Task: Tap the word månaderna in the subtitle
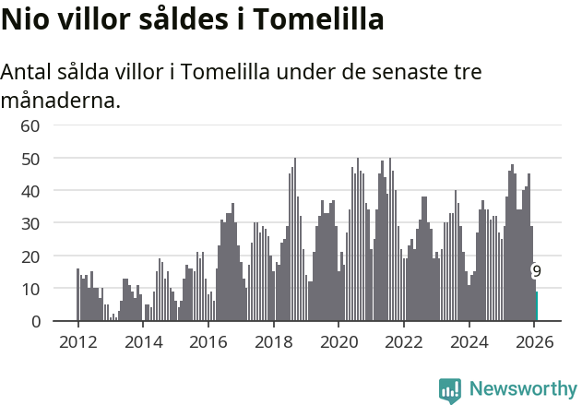61,100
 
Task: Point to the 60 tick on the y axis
30,125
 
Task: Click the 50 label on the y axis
30,159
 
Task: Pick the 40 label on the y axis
30,191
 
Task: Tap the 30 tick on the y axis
30,224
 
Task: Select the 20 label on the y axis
30,256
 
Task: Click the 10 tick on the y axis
30,289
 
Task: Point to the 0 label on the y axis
35,322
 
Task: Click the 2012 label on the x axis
77,341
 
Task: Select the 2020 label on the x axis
339,341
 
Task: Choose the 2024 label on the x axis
469,341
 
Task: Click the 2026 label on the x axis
535,341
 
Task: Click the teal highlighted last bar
537,306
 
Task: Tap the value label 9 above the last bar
536,271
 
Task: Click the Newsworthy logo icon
450,390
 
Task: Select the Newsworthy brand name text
523,389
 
